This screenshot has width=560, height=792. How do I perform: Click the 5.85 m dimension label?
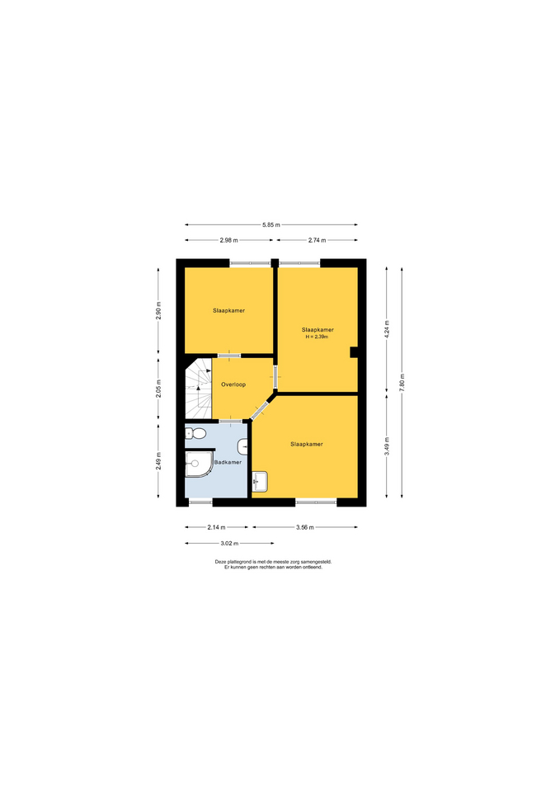pos(271,224)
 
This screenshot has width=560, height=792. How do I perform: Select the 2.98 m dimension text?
pos(228,240)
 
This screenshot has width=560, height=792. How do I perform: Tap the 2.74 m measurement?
pos(318,240)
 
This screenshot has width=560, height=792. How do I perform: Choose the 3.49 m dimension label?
pos(387,446)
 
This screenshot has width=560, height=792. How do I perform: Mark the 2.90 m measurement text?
pos(158,311)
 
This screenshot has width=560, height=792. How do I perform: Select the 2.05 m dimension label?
pos(158,389)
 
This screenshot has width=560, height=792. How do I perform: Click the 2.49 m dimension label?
pos(158,461)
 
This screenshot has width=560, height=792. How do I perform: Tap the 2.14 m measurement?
pos(216,527)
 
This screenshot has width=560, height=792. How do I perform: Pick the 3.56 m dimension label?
pos(305,527)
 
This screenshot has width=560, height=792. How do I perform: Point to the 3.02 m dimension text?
pos(229,544)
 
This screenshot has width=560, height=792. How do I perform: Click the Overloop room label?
pos(233,385)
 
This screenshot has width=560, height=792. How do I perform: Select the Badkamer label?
pos(228,462)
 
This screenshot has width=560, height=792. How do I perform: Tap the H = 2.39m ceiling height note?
pos(318,337)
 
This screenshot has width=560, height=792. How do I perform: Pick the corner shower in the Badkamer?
pos(199,464)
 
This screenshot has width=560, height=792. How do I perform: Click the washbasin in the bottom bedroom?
pos(260,482)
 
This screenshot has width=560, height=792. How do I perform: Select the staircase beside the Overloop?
pos(198,389)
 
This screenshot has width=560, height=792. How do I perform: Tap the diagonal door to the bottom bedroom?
pos(262,408)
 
